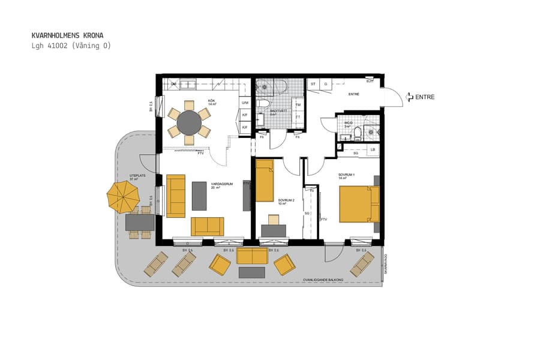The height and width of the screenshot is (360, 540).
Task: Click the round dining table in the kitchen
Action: pos(190,123)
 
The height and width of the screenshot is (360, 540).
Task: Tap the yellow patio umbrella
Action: pos(123,196)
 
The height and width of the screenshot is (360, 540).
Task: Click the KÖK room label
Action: pos(212,101)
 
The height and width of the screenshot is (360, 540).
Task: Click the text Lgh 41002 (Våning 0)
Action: pos(71,46)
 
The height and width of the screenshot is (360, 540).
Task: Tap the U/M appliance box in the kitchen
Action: pos(244,103)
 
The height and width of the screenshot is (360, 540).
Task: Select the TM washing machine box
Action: pos(298,104)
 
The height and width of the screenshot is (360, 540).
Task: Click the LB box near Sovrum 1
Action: pos(372,149)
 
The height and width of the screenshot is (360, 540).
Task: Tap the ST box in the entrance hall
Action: pos(313,85)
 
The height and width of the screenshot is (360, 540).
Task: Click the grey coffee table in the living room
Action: pos(199,196)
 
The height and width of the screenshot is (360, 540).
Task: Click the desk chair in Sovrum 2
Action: pos(274,220)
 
